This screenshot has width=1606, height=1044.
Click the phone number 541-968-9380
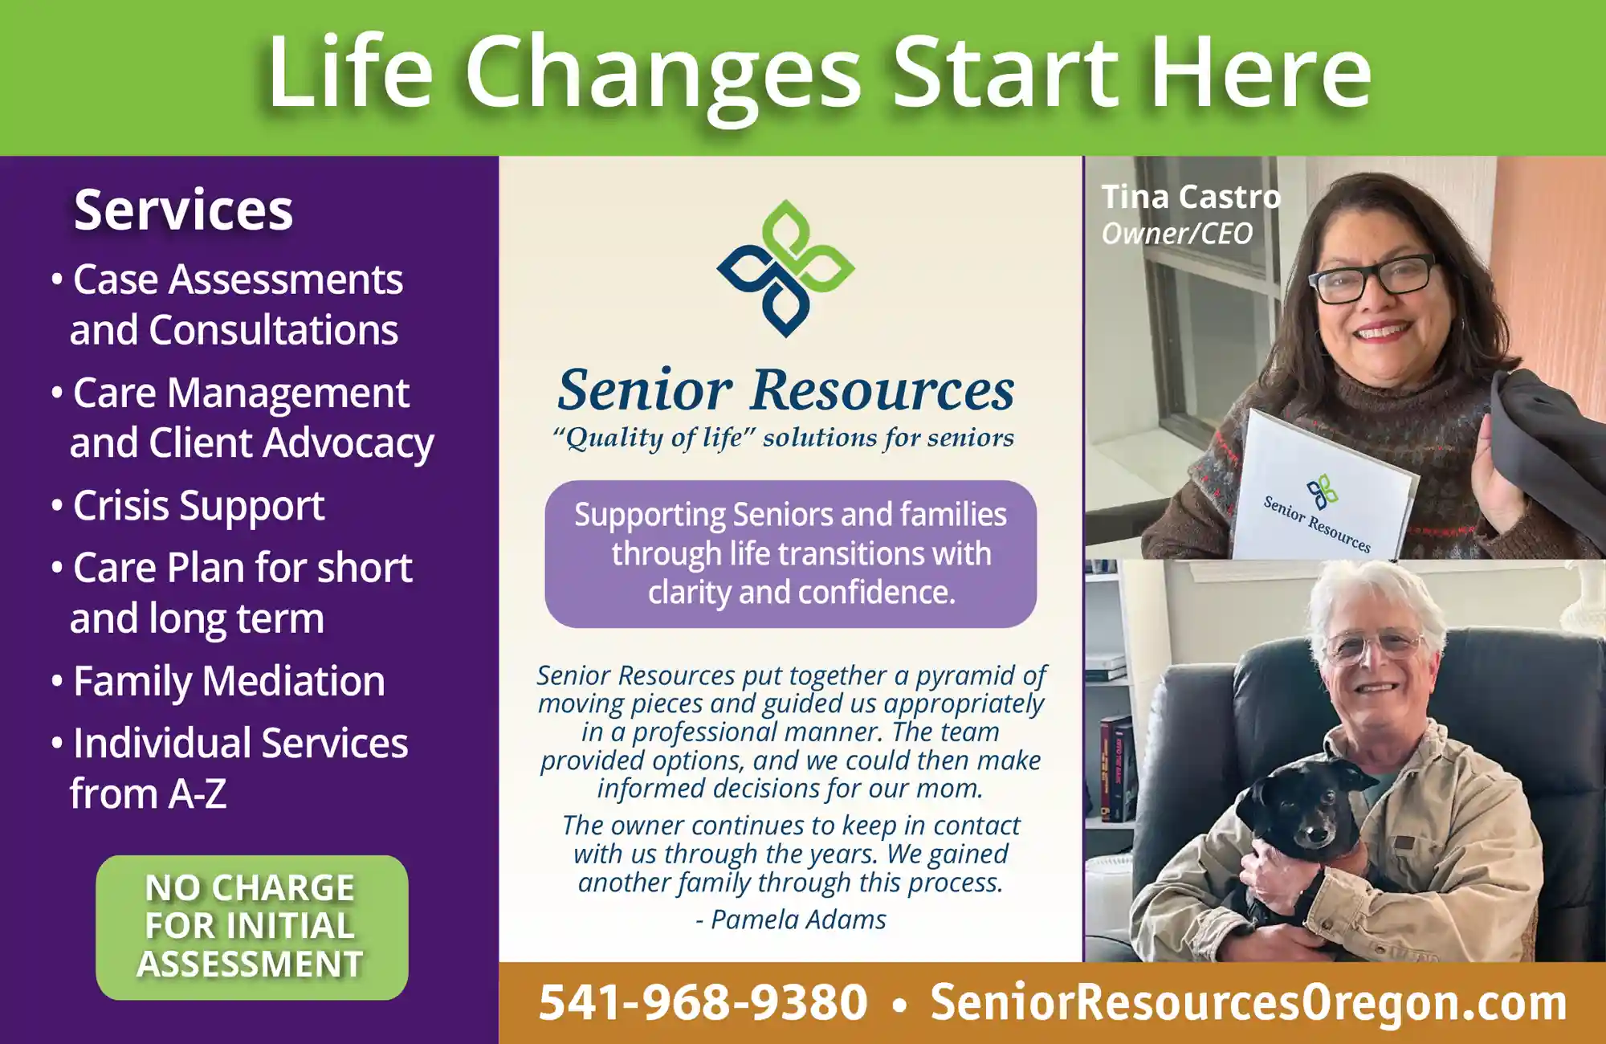(703, 1002)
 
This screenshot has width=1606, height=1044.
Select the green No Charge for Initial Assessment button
(252, 927)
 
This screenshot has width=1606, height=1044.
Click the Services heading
(183, 210)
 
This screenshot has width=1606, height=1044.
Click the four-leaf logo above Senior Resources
(785, 268)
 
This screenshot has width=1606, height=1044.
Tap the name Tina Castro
(1191, 197)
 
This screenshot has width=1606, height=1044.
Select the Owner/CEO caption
(1176, 234)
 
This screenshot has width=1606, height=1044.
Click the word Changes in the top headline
(663, 74)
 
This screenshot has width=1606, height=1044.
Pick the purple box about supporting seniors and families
(790, 554)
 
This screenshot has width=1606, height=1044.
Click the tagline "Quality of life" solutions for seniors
(783, 438)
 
